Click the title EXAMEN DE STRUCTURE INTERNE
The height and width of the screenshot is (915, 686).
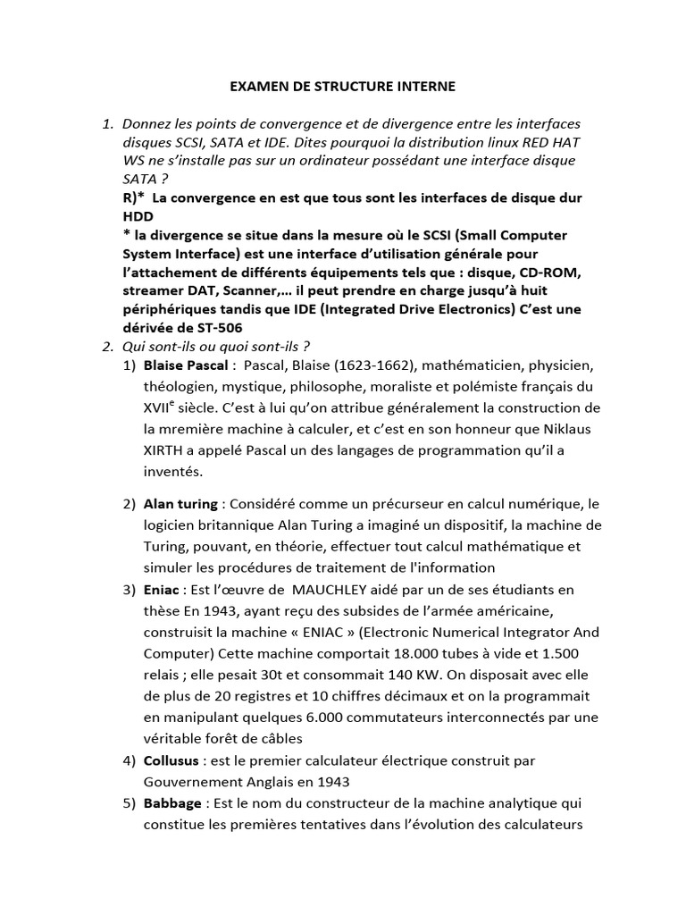343,87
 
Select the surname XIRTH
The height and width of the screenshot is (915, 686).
170,450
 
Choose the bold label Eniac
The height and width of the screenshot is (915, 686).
162,589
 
